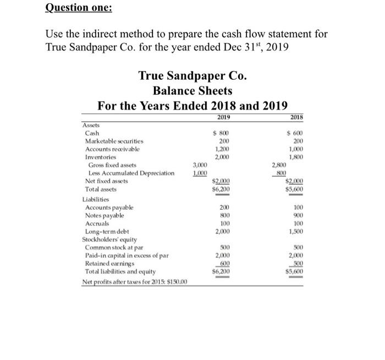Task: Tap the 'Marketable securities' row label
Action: click(x=118, y=141)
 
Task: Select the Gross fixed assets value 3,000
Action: click(x=200, y=165)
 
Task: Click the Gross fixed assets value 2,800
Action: click(x=279, y=165)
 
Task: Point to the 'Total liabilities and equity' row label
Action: click(x=120, y=271)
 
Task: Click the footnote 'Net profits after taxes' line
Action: click(x=135, y=282)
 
